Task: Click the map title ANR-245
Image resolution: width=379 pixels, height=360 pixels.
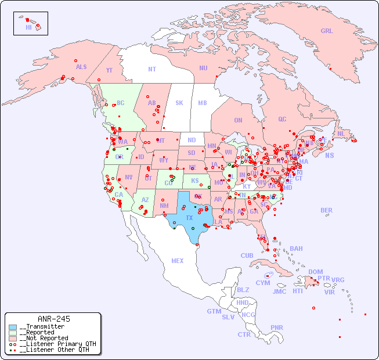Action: coord(53,319)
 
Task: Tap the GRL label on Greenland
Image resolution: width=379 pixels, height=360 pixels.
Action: coord(327,31)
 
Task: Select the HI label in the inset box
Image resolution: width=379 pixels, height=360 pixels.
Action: coord(28,27)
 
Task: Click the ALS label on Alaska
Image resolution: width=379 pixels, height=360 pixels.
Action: coord(81,67)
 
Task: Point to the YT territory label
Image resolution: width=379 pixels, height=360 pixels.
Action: coord(109,70)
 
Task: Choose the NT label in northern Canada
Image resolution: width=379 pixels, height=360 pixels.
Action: coord(152,69)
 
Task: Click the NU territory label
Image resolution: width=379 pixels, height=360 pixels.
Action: coord(203,68)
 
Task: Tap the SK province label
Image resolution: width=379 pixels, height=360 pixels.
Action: coord(179,103)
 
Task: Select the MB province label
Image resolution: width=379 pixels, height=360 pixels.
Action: coord(203,103)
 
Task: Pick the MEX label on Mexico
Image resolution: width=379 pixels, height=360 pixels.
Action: coord(178,261)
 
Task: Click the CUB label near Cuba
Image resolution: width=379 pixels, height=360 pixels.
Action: coord(247,255)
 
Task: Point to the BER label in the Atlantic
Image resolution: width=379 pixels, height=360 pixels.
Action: coord(327,210)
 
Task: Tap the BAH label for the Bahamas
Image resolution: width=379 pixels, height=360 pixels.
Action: coord(296,249)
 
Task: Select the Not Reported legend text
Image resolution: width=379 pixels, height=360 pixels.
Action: coord(44,338)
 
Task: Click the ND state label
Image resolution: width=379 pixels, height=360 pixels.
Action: coord(192,140)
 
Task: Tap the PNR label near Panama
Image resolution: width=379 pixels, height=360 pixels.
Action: coord(277,327)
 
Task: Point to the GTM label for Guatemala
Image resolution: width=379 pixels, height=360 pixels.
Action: coord(214,311)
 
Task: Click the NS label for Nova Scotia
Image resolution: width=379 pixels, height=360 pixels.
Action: coord(330,156)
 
